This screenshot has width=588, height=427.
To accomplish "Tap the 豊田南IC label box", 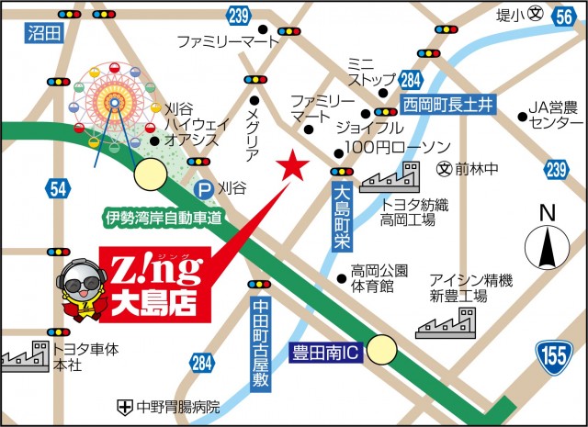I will (x=325, y=351).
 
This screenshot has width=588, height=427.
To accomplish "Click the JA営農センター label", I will (x=551, y=115).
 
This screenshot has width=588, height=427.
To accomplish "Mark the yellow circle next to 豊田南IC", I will (x=382, y=349).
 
